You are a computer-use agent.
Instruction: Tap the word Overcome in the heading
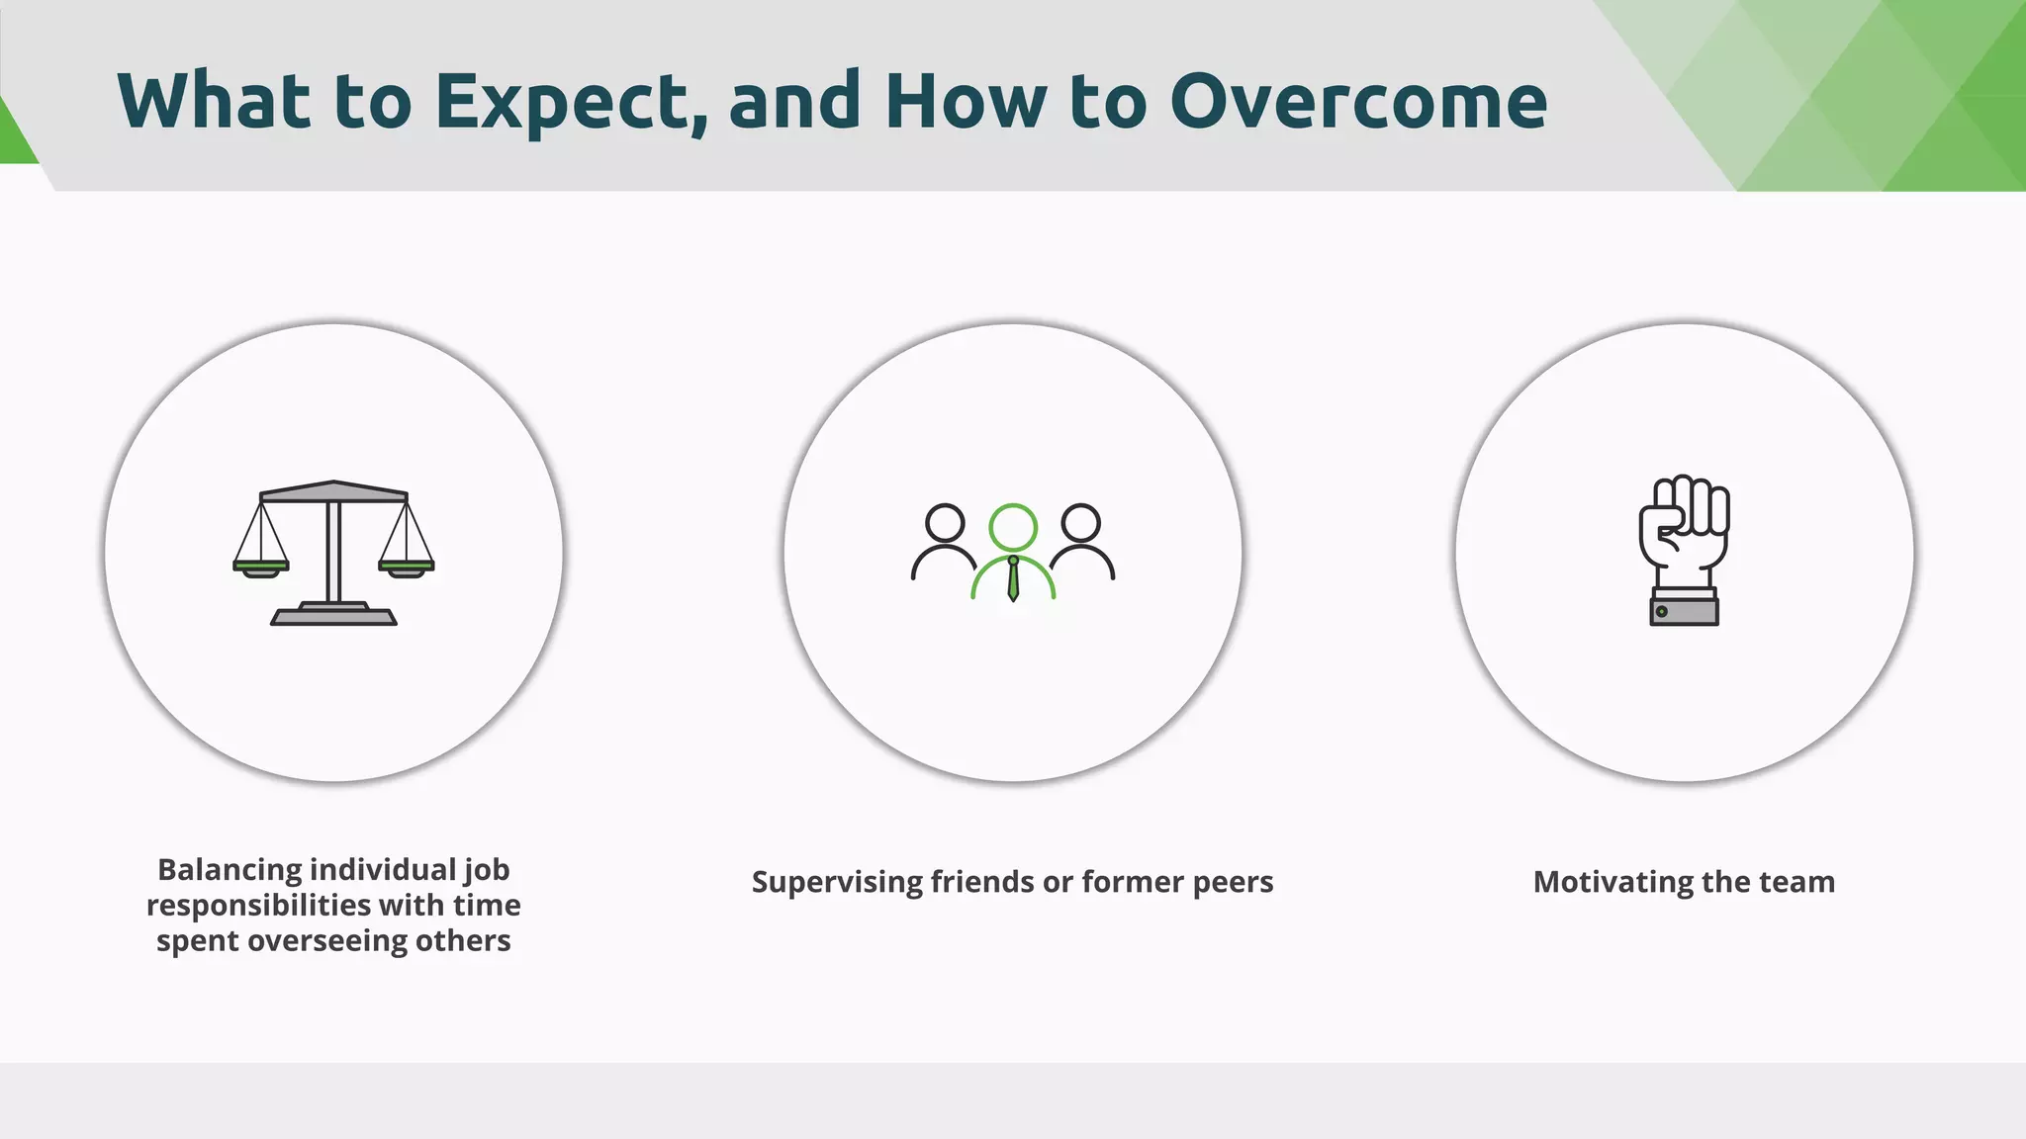[1358, 102]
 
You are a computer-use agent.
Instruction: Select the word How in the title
[965, 102]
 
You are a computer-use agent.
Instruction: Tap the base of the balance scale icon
[334, 616]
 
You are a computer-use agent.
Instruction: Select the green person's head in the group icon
[1013, 527]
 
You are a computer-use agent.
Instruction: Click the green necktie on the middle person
[1013, 580]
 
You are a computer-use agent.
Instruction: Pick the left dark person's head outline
[945, 523]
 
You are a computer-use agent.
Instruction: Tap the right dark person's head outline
[1080, 523]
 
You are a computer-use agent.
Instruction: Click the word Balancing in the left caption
[230, 870]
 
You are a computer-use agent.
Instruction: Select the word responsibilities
[259, 906]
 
